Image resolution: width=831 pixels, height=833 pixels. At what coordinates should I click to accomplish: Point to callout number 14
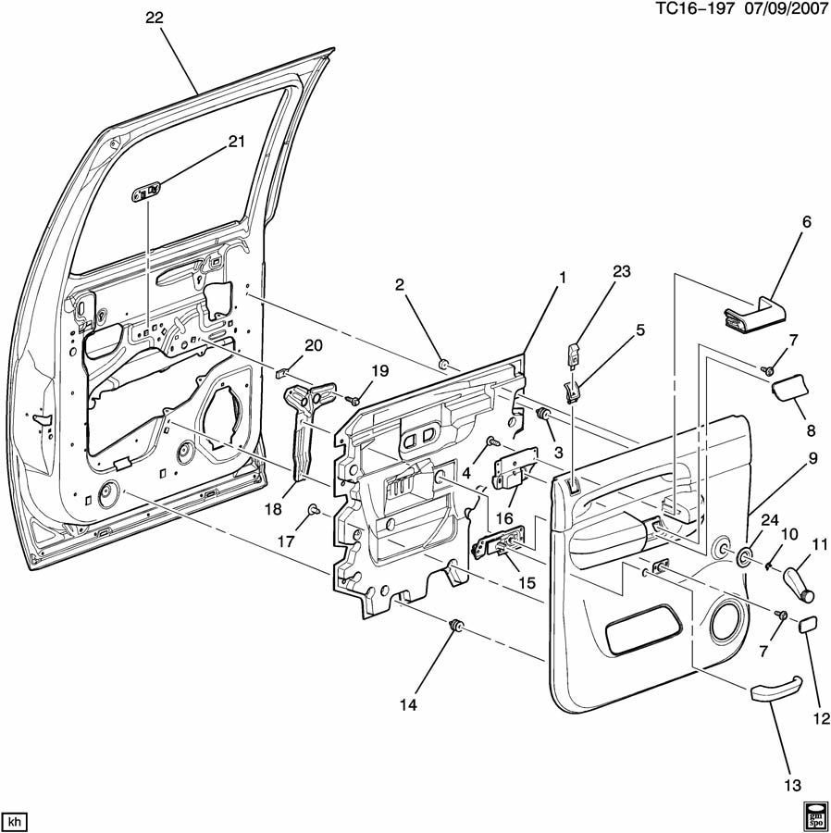[408, 704]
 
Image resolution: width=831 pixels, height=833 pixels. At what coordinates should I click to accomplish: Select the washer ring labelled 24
[743, 557]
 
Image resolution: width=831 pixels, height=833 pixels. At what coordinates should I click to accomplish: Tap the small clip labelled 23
[573, 353]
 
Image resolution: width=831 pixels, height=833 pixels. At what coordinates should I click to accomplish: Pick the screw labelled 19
[353, 400]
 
